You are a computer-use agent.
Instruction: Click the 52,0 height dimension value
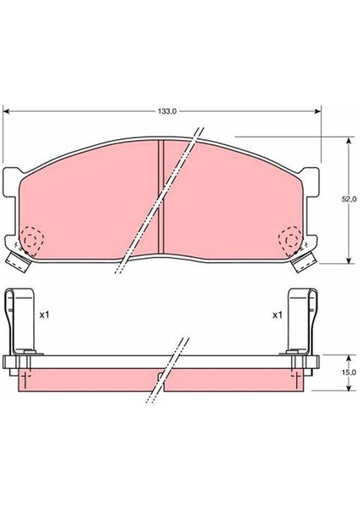point(348,198)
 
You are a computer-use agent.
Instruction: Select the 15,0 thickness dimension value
point(348,372)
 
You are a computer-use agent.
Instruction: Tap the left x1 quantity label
point(45,314)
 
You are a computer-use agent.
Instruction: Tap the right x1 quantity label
point(277,314)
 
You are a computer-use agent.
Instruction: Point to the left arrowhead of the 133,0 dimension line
point(8,110)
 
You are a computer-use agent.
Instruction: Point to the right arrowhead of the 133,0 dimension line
point(319,110)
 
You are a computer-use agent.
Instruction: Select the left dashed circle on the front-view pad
point(33,240)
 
